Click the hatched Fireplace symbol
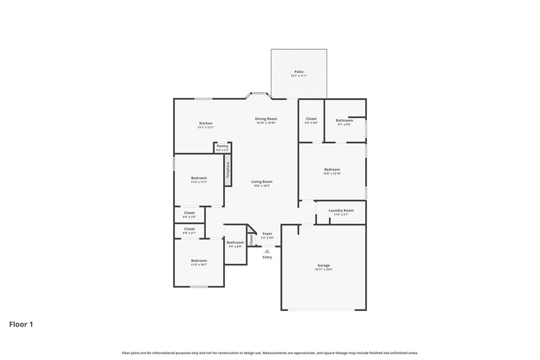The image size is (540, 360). (x=228, y=170)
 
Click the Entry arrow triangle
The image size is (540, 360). (x=267, y=251)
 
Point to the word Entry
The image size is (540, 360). (x=268, y=257)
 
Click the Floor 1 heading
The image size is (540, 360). (x=21, y=325)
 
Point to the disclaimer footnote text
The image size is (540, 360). (x=270, y=353)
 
